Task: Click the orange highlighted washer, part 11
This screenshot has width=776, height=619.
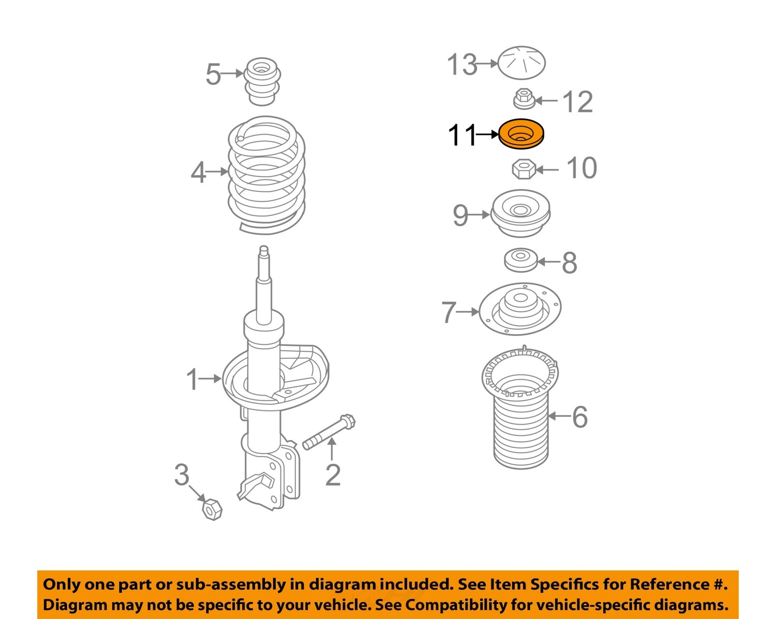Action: pyautogui.click(x=521, y=134)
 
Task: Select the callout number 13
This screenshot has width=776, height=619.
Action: pyautogui.click(x=462, y=65)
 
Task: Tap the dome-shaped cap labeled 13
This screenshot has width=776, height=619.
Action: pyautogui.click(x=521, y=63)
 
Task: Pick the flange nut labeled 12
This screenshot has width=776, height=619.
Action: pyautogui.click(x=524, y=98)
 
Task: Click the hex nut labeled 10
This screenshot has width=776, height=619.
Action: pyautogui.click(x=523, y=169)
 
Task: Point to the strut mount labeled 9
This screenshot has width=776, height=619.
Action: pyautogui.click(x=520, y=213)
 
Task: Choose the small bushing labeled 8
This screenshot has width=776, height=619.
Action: pyautogui.click(x=520, y=260)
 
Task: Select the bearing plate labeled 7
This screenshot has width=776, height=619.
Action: pyautogui.click(x=520, y=309)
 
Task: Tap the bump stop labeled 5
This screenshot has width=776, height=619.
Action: pyautogui.click(x=262, y=81)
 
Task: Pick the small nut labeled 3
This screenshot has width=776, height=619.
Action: pyautogui.click(x=212, y=509)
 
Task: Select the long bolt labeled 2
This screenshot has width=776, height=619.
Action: pyautogui.click(x=329, y=431)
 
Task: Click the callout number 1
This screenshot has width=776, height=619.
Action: pyautogui.click(x=192, y=380)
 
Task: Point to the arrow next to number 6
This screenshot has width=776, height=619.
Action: pyautogui.click(x=559, y=416)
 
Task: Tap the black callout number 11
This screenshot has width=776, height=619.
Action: pyautogui.click(x=461, y=135)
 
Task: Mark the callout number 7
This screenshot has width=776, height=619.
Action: pyautogui.click(x=448, y=312)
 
